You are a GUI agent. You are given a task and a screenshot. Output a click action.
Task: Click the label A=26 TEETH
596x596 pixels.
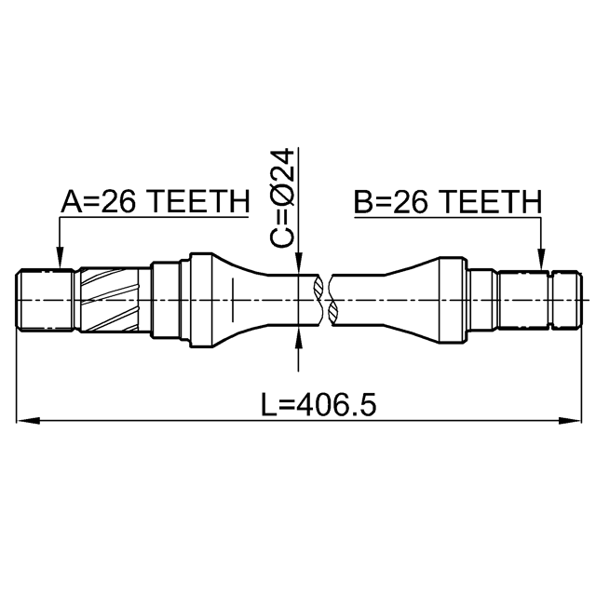coord(156,201)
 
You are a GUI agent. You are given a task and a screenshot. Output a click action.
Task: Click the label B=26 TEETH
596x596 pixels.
coord(447,201)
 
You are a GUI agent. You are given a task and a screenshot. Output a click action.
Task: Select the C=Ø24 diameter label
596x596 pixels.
coord(282,197)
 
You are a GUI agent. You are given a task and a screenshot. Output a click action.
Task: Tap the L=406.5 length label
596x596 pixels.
coord(318,404)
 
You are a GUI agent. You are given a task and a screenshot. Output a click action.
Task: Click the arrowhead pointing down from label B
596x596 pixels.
coord(541,259)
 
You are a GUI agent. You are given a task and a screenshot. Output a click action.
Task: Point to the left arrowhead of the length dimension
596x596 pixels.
coord(28,420)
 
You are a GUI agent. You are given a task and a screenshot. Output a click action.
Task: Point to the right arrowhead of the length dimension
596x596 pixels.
coord(570,420)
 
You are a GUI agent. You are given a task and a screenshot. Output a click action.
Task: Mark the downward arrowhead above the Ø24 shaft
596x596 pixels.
coord(298,263)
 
